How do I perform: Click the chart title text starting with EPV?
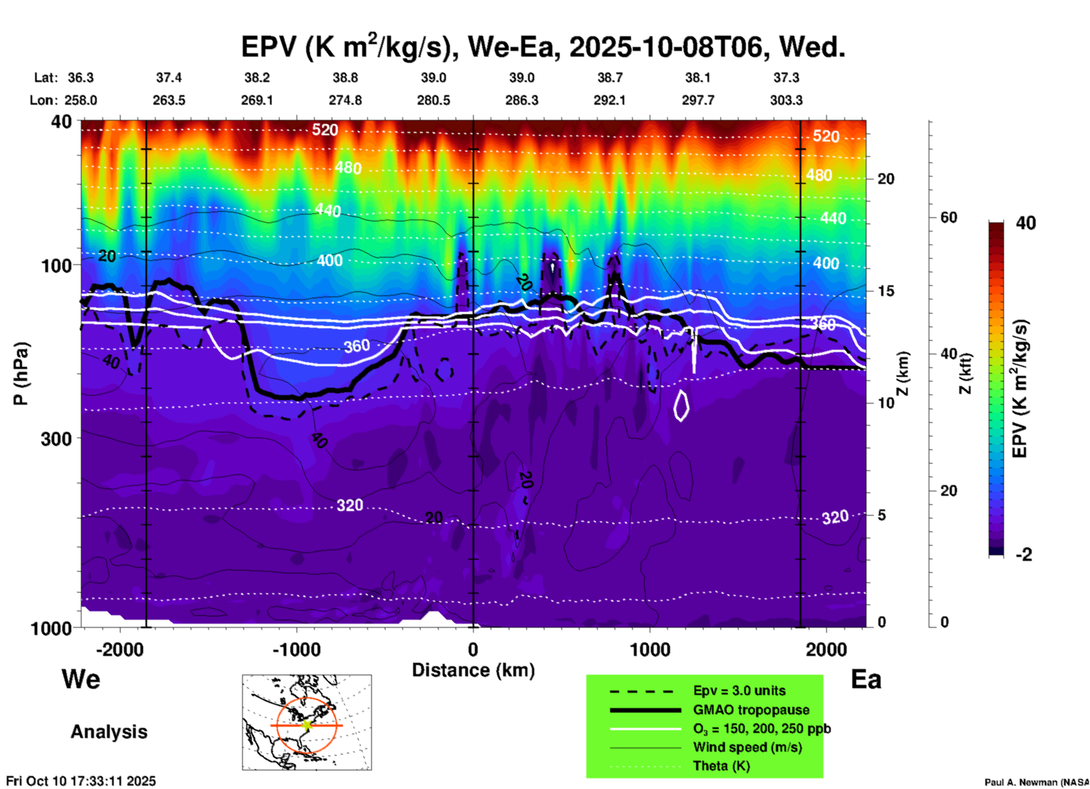pos(543,46)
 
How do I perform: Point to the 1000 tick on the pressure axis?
pos(51,628)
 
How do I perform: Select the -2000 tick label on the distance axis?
pos(119,649)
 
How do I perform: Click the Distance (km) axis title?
pos(473,670)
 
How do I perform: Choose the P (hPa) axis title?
pos(21,374)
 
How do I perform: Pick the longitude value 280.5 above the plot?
pos(434,100)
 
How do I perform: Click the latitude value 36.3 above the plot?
pos(80,78)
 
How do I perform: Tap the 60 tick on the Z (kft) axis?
pos(949,217)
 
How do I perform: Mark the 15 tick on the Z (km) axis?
pos(886,291)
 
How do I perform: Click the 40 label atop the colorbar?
pos(1025,223)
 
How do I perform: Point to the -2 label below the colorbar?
pos(1024,555)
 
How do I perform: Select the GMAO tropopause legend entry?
pos(751,710)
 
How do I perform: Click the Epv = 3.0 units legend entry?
pos(739,691)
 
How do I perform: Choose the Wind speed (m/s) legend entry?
pos(747,747)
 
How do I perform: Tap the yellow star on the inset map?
pos(307,724)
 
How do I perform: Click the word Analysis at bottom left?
pos(109,731)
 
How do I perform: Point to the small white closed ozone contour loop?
pos(681,405)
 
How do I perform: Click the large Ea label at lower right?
pos(866,679)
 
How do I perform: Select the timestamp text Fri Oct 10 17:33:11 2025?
pos(81,781)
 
